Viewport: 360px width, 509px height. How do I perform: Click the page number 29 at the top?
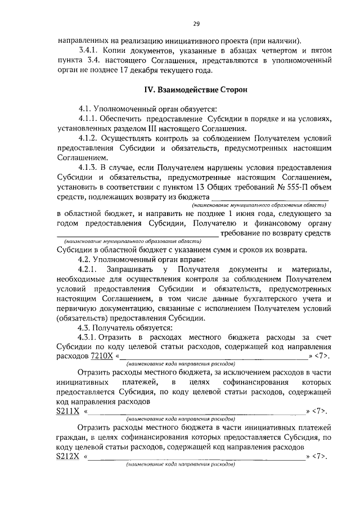pyautogui.click(x=196, y=24)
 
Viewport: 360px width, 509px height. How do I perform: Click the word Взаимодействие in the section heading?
pyautogui.click(x=187, y=89)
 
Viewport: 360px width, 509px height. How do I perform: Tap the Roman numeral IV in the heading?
pyautogui.click(x=148, y=89)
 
